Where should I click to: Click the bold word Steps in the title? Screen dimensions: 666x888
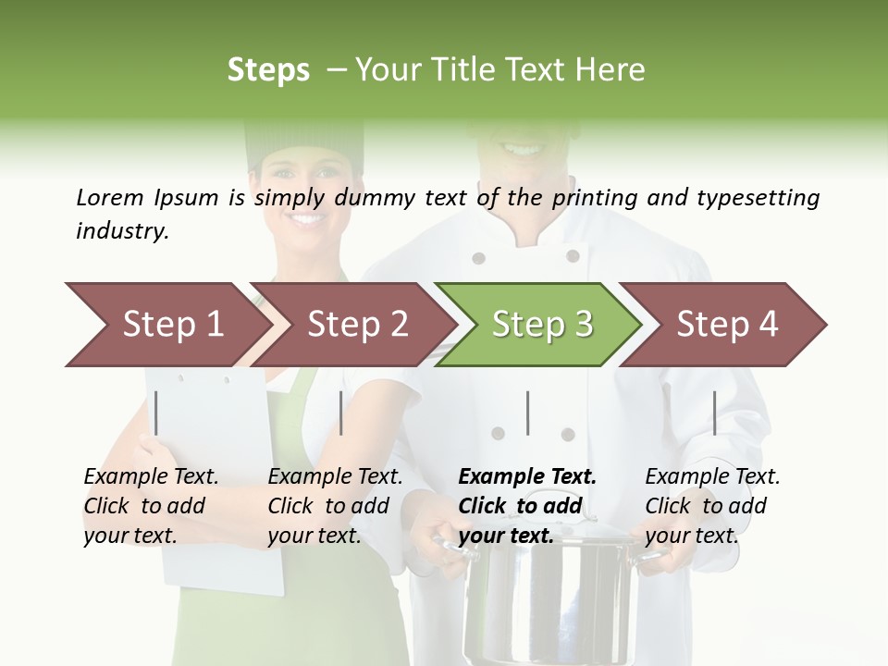[x=268, y=70]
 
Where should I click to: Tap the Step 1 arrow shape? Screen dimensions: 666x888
[x=166, y=325]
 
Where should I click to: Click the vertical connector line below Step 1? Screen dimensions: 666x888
[x=156, y=413]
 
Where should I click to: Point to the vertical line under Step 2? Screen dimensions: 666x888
[x=341, y=413]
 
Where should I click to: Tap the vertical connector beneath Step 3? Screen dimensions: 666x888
[x=527, y=413]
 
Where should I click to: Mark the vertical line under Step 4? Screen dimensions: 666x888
[x=714, y=413]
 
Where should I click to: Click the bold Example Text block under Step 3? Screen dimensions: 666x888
[x=526, y=506]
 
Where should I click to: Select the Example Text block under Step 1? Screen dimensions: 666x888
[x=150, y=506]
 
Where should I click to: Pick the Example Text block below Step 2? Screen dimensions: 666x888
[x=334, y=506]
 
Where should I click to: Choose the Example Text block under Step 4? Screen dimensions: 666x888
[x=711, y=506]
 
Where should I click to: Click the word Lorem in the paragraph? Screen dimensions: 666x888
[x=110, y=197]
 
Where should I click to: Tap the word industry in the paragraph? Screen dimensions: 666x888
[x=121, y=230]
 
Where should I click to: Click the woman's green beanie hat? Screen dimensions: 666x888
[x=304, y=143]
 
